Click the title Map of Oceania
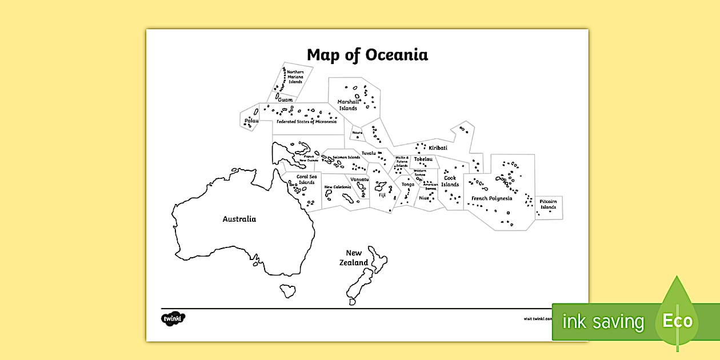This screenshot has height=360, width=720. tap(367, 55)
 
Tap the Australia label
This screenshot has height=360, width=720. tap(239, 219)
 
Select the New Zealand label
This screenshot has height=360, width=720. tap(355, 258)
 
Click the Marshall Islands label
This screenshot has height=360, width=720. tap(348, 105)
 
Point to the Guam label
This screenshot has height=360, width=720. tap(285, 100)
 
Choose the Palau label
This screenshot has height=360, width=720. tap(251, 121)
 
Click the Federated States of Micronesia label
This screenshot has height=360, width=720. tap(307, 122)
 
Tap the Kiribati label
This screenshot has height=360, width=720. tap(438, 148)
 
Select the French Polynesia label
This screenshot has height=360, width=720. tap(491, 199)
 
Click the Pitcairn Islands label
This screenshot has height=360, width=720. tap(548, 205)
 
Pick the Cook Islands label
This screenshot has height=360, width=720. tap(450, 181)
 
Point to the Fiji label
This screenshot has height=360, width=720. tap(382, 195)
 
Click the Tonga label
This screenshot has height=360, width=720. tap(407, 185)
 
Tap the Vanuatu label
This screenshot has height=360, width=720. tap(360, 179)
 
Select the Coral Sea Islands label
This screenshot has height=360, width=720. tap(306, 179)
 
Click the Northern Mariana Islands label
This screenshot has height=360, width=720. tap(295, 77)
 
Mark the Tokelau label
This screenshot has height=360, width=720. tap(423, 159)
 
